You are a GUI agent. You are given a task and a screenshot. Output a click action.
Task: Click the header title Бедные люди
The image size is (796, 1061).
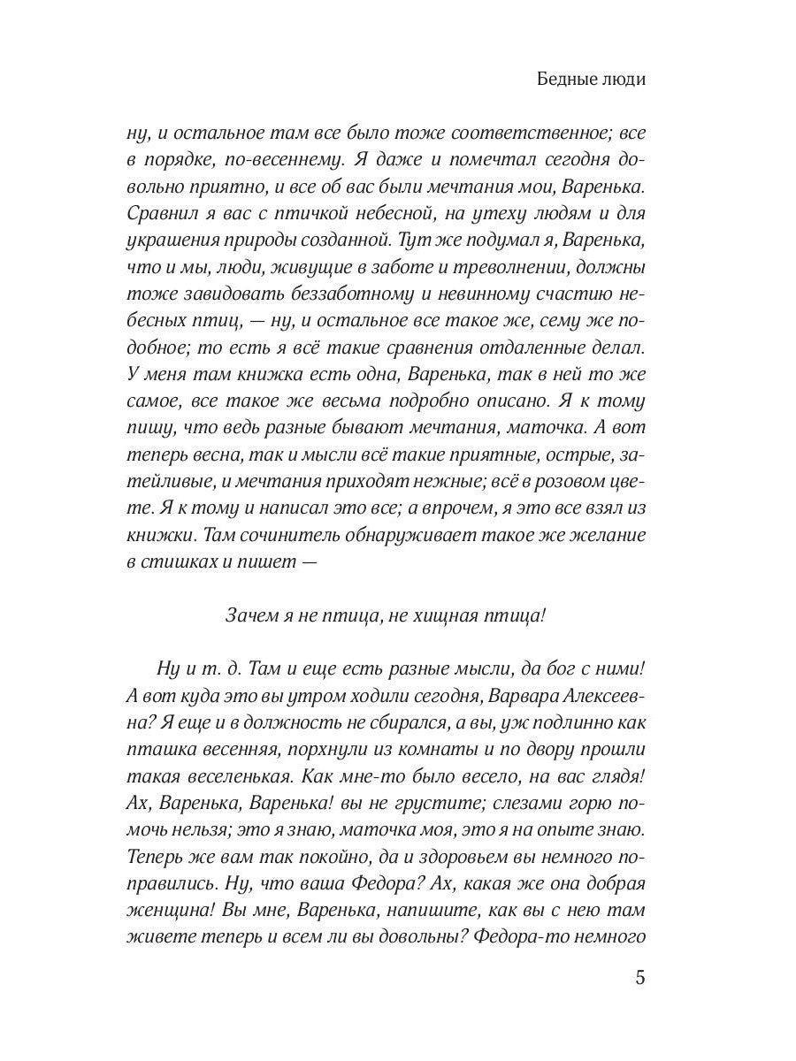pos(591,79)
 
